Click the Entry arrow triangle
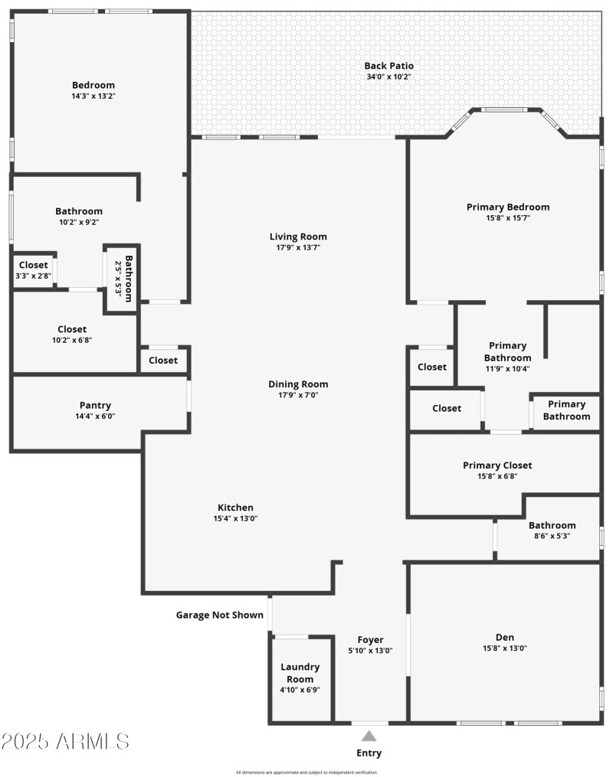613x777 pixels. point(369,736)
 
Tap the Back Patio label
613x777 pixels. point(388,66)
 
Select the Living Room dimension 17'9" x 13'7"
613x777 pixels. point(298,247)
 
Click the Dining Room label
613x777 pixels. point(298,384)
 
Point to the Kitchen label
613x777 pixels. point(235,508)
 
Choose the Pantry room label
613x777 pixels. point(95,405)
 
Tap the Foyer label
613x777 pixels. point(370,640)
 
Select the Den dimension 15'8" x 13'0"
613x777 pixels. point(505,648)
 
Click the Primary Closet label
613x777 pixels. point(497,465)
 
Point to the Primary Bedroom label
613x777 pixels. point(508,207)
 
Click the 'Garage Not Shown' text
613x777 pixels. point(220,615)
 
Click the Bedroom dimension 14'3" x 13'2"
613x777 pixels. point(93,96)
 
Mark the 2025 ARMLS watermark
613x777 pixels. point(65,741)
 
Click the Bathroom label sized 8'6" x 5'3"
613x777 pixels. point(552,525)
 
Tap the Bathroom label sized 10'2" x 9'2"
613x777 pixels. point(78,211)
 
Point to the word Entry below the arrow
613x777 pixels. point(369,753)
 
